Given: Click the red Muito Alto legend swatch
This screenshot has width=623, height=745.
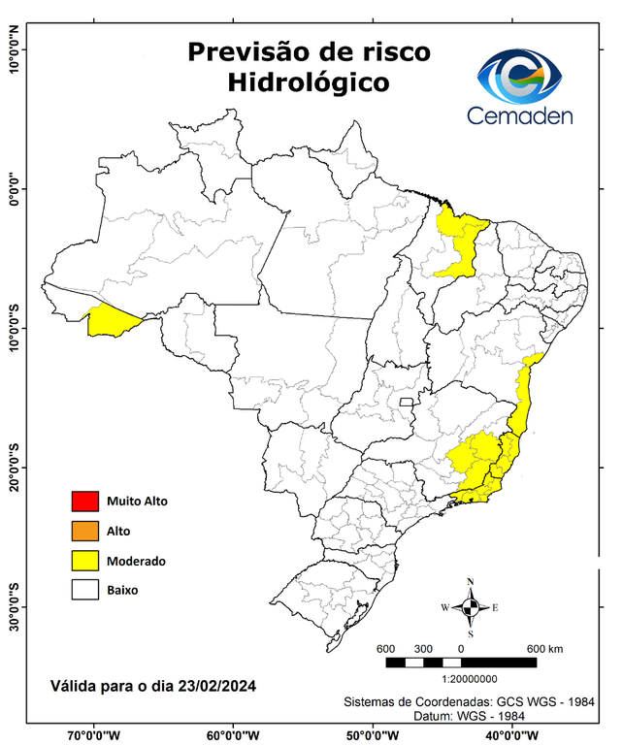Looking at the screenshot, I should [x=84, y=502].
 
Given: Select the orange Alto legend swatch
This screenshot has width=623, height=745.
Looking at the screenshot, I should [x=84, y=531].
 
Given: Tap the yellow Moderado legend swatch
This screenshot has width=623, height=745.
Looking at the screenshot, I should [x=84, y=561].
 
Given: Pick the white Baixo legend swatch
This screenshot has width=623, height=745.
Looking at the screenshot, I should [x=84, y=590].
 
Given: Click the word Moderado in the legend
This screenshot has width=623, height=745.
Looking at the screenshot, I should [x=136, y=561].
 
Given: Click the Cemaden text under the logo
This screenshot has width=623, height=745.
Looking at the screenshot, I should [x=520, y=115].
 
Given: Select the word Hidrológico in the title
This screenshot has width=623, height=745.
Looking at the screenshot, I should [x=309, y=84].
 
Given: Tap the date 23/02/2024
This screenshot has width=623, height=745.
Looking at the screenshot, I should [x=217, y=686].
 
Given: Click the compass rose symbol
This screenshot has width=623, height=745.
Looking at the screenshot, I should [x=470, y=608].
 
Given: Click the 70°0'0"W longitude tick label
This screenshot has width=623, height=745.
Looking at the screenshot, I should [x=94, y=735].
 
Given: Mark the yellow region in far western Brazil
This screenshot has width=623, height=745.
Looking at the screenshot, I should [x=113, y=321].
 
